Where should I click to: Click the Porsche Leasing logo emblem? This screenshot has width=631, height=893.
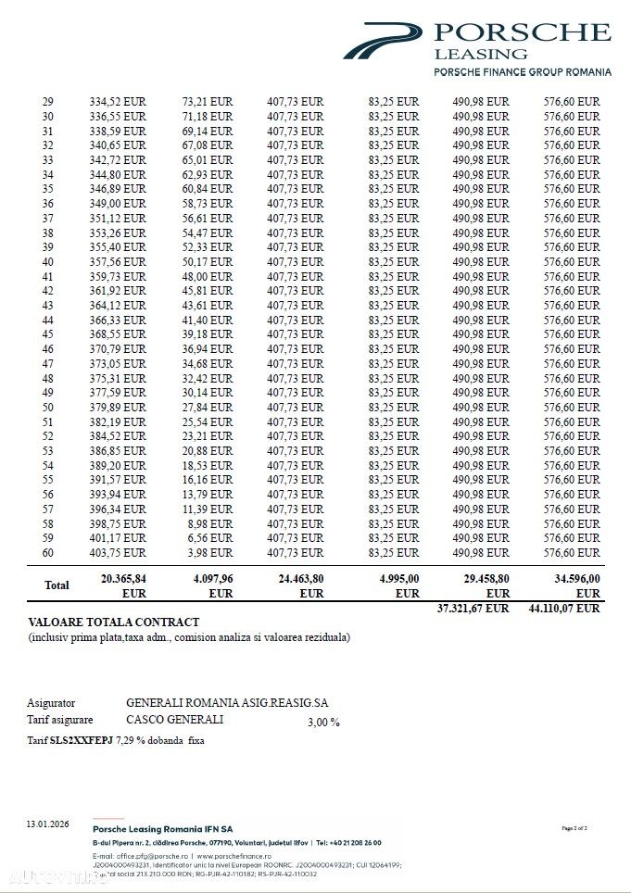(383, 42)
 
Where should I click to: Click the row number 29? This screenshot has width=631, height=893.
(48, 102)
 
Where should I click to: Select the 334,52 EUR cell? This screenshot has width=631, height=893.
(118, 102)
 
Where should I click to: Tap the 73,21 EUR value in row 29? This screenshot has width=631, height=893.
(207, 102)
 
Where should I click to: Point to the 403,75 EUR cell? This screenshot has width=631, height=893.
(118, 553)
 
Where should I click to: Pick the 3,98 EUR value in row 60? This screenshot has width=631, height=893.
(209, 553)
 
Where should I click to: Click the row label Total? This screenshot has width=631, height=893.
(57, 585)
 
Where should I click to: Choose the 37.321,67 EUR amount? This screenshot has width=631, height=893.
(473, 609)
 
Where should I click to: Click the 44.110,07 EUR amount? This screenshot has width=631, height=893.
(563, 609)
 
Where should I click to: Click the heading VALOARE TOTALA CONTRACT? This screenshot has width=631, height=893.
(114, 623)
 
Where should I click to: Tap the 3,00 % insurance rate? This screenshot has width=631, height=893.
(323, 723)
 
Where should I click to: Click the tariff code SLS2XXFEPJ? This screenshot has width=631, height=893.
(82, 740)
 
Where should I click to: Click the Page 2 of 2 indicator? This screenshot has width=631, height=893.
(574, 828)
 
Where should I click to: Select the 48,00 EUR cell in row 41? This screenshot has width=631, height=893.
(208, 276)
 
